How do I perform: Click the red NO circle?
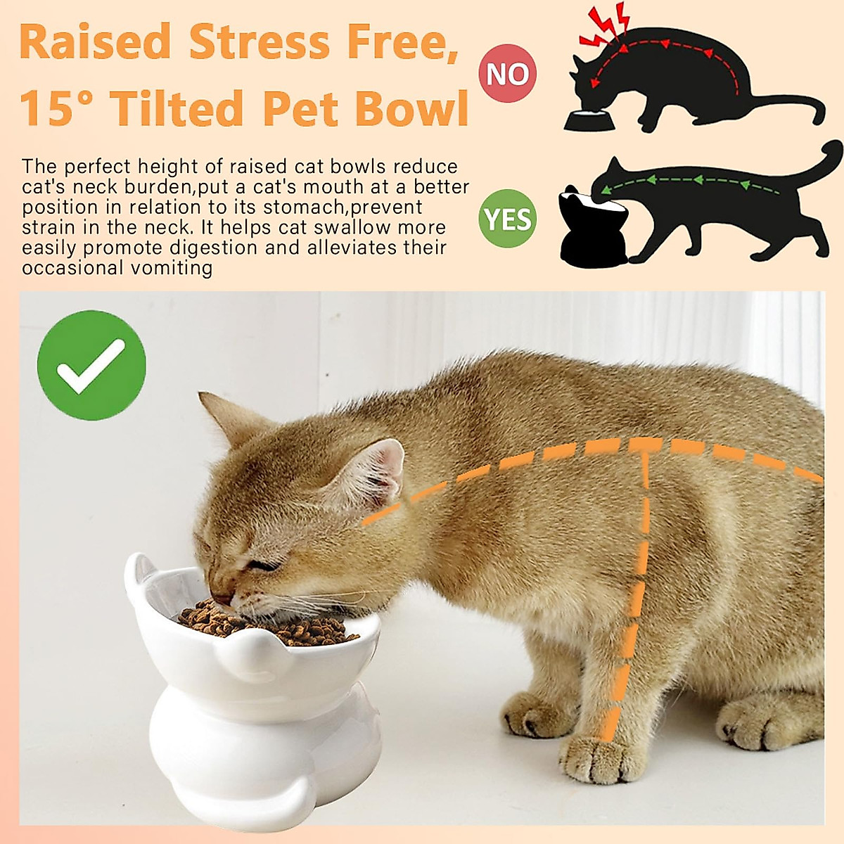pyautogui.click(x=508, y=73)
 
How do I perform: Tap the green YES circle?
pyautogui.click(x=508, y=219)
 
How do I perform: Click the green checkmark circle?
pyautogui.click(x=91, y=366)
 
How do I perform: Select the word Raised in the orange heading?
pyautogui.click(x=96, y=42)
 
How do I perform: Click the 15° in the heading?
pyautogui.click(x=56, y=109)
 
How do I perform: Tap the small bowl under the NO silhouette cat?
pyautogui.click(x=589, y=121)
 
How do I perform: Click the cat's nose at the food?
pyautogui.click(x=221, y=599)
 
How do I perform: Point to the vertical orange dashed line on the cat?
pyautogui.click(x=637, y=598)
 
